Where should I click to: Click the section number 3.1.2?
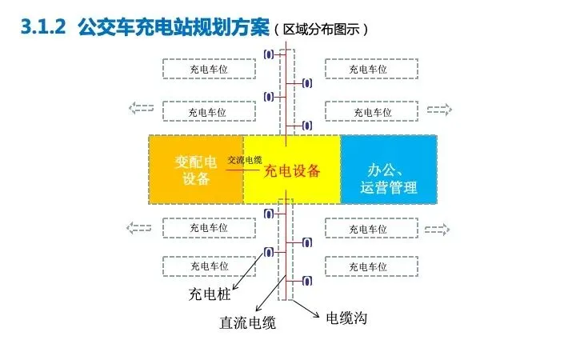click(x=41, y=27)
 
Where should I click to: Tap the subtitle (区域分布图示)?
click(x=321, y=29)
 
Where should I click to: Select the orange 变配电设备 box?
click(x=196, y=170)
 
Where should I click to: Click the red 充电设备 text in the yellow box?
click(x=292, y=170)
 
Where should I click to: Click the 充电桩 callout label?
click(x=210, y=294)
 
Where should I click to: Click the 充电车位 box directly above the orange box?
click(x=208, y=111)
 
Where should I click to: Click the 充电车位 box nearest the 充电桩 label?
click(x=208, y=266)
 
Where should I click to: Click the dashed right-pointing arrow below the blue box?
click(x=438, y=230)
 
